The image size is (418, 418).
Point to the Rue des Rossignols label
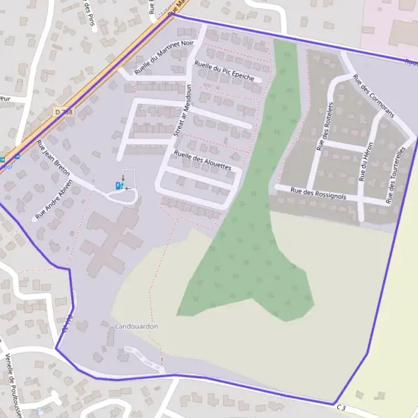click(x=318, y=193)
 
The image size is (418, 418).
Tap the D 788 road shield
click(x=63, y=111)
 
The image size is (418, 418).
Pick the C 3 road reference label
click(x=341, y=407)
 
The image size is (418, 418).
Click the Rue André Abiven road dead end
click(x=33, y=219)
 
